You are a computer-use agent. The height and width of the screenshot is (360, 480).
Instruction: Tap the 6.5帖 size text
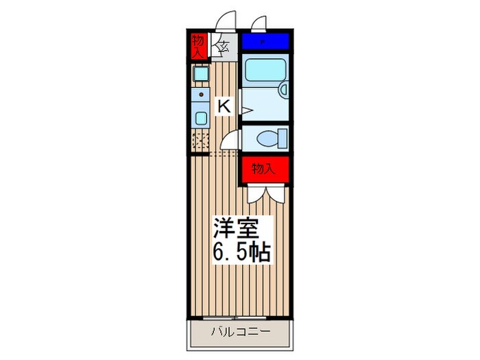click(x=239, y=252)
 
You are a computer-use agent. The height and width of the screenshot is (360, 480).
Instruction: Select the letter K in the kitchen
click(x=224, y=106)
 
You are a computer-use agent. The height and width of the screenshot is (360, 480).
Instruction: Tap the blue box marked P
click(x=264, y=42)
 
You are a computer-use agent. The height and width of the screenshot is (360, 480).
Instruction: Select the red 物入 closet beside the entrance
click(x=199, y=45)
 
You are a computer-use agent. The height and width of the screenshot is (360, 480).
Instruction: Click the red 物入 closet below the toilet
click(x=263, y=169)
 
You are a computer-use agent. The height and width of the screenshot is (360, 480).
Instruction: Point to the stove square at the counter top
click(x=200, y=73)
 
